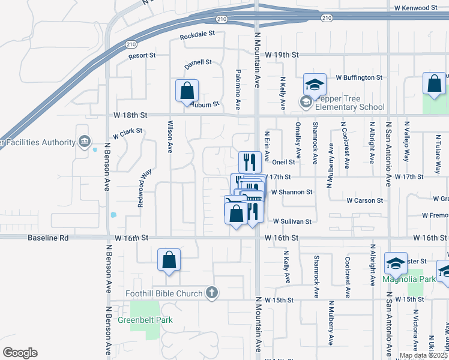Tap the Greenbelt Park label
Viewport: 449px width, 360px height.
pyautogui.click(x=153, y=320)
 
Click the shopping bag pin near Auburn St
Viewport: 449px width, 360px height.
pyautogui.click(x=187, y=91)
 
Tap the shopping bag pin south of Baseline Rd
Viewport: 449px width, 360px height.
pyautogui.click(x=169, y=260)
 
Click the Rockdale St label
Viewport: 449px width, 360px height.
pyautogui.click(x=197, y=34)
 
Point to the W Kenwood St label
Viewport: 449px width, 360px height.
pyautogui.click(x=416, y=7)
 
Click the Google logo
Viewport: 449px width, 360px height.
pyautogui.click(x=19, y=352)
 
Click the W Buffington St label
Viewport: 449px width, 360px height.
pyautogui.click(x=359, y=77)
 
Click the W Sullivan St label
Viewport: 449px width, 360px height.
pyautogui.click(x=292, y=221)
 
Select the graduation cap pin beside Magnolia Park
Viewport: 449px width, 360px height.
pyautogui.click(x=396, y=263)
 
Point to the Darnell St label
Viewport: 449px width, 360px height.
pyautogui.click(x=198, y=62)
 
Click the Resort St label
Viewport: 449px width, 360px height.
pyautogui.click(x=142, y=55)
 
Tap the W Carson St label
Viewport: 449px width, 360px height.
pyautogui.click(x=366, y=200)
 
